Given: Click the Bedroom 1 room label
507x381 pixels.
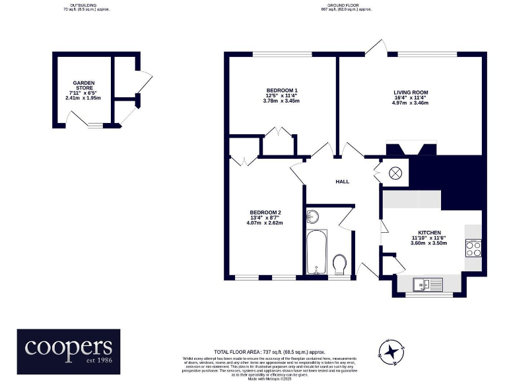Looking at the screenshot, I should coord(281,90).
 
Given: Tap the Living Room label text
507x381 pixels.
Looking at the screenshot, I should coord(411,93).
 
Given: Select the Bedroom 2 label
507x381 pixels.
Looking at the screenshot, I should coord(263,212).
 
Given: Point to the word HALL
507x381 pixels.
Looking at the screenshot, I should coord(342,181).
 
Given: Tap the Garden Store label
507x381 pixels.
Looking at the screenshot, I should coord(83,85).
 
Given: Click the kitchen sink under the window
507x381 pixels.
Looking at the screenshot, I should coord(426,284).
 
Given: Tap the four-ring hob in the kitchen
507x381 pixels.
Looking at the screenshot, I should coord(473,248).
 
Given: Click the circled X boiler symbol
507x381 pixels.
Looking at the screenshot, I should coord(395,174).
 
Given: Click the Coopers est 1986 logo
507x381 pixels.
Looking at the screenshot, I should coord(69,348).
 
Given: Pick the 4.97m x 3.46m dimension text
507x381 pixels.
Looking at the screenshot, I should coord(411,104).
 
